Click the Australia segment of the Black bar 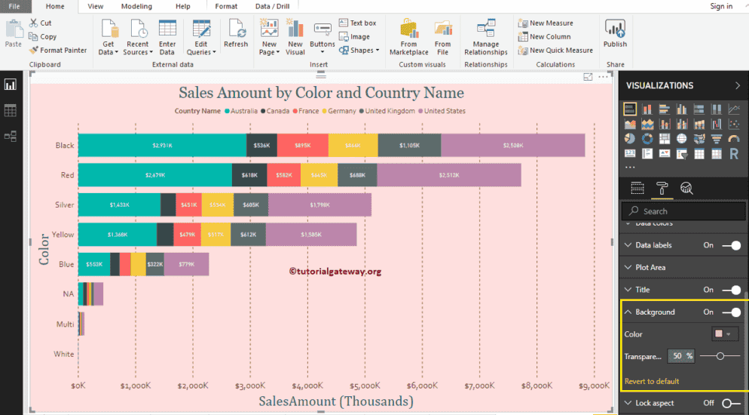(162, 145)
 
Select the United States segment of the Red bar (449, 175)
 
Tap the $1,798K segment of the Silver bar (319, 204)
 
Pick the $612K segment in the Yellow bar (248, 235)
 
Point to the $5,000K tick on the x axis (365, 386)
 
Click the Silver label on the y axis (64, 204)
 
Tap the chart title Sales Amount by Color (321, 93)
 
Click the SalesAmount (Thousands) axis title (335, 401)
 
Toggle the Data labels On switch (730, 245)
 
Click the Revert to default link (652, 381)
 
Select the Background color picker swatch (724, 334)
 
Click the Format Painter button (58, 51)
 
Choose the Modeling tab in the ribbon (136, 6)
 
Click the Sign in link (721, 6)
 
